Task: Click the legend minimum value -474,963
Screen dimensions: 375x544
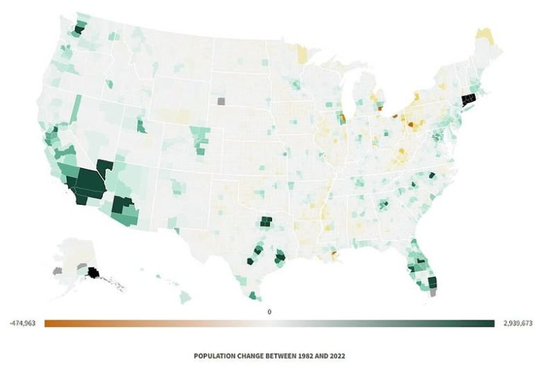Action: tap(23, 323)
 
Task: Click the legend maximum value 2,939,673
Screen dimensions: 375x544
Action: tap(517, 323)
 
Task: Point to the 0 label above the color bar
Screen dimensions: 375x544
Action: tap(269, 311)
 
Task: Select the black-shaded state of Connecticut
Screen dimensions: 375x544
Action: tap(469, 100)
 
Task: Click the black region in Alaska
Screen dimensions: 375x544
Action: tap(93, 272)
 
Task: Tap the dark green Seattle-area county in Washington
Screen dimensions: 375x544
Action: tap(79, 30)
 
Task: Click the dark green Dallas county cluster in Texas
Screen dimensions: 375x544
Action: tap(266, 221)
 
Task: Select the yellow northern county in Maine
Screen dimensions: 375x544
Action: tap(485, 35)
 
